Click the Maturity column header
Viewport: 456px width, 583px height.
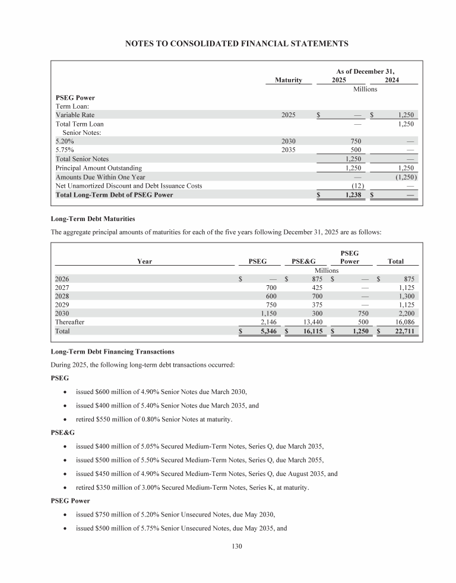pos(289,80)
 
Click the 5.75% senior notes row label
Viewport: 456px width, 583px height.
pos(64,150)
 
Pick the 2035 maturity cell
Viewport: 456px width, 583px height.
pos(289,150)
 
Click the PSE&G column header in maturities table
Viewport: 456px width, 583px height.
pos(303,260)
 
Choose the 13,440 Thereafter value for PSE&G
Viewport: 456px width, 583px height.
pos(312,322)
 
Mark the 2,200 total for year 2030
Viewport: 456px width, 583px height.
pos(404,313)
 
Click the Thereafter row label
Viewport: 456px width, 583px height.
pos(70,322)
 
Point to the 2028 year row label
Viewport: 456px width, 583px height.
pos(62,295)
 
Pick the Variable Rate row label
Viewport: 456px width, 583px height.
pos(75,115)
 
